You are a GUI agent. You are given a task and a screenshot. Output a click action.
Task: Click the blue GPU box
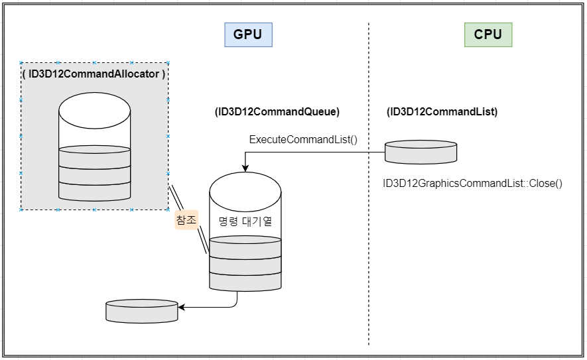248,34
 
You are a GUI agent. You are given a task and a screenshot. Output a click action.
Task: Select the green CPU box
488,34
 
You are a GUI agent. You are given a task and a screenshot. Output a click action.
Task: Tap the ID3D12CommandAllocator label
94,74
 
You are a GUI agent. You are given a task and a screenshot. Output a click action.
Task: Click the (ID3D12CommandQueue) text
277,111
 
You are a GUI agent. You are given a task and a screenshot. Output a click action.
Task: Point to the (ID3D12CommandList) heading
442,111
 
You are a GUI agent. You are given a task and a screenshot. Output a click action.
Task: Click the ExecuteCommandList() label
303,140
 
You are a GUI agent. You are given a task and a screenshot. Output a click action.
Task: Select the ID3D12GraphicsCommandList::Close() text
472,184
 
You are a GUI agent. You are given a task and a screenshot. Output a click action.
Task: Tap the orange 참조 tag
186,219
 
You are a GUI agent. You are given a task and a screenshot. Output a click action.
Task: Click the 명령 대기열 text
245,221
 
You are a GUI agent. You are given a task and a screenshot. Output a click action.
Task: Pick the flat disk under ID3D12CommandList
421,152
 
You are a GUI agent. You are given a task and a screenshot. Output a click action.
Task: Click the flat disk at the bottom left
141,311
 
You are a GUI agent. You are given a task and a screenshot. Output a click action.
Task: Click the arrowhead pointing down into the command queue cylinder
245,168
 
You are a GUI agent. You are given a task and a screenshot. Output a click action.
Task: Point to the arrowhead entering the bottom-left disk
182,307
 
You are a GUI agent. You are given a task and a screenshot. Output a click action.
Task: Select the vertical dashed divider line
369,184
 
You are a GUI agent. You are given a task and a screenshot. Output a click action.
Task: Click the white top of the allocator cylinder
95,111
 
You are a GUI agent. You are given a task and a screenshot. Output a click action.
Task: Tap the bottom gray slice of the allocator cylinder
95,192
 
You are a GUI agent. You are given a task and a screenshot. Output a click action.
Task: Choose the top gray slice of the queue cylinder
245,248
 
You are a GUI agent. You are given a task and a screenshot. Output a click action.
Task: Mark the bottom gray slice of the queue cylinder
245,282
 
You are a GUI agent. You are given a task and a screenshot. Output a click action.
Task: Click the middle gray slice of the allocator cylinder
95,176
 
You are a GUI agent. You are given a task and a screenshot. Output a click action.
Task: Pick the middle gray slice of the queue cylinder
245,266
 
